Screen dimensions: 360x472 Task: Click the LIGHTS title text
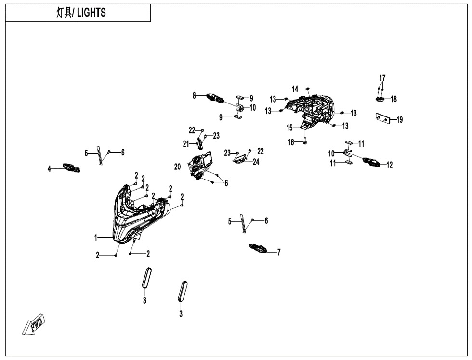tap(80, 13)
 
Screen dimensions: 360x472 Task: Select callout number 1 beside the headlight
tap(96, 237)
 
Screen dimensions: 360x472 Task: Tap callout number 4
tap(49, 168)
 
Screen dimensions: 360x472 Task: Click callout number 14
tap(295, 88)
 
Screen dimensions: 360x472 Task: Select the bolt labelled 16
tap(305, 141)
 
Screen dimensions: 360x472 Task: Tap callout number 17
tap(382, 78)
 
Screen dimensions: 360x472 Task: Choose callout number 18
tap(394, 99)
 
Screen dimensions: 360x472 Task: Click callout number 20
tap(178, 167)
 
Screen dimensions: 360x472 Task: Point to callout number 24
tap(256, 162)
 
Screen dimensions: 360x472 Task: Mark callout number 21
tap(186, 143)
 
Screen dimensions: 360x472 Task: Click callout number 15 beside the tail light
tap(290, 128)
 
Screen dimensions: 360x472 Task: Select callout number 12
tap(390, 165)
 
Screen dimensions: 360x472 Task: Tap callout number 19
tap(400, 120)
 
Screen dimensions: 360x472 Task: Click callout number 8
tap(195, 96)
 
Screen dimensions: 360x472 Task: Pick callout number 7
tap(278, 252)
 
